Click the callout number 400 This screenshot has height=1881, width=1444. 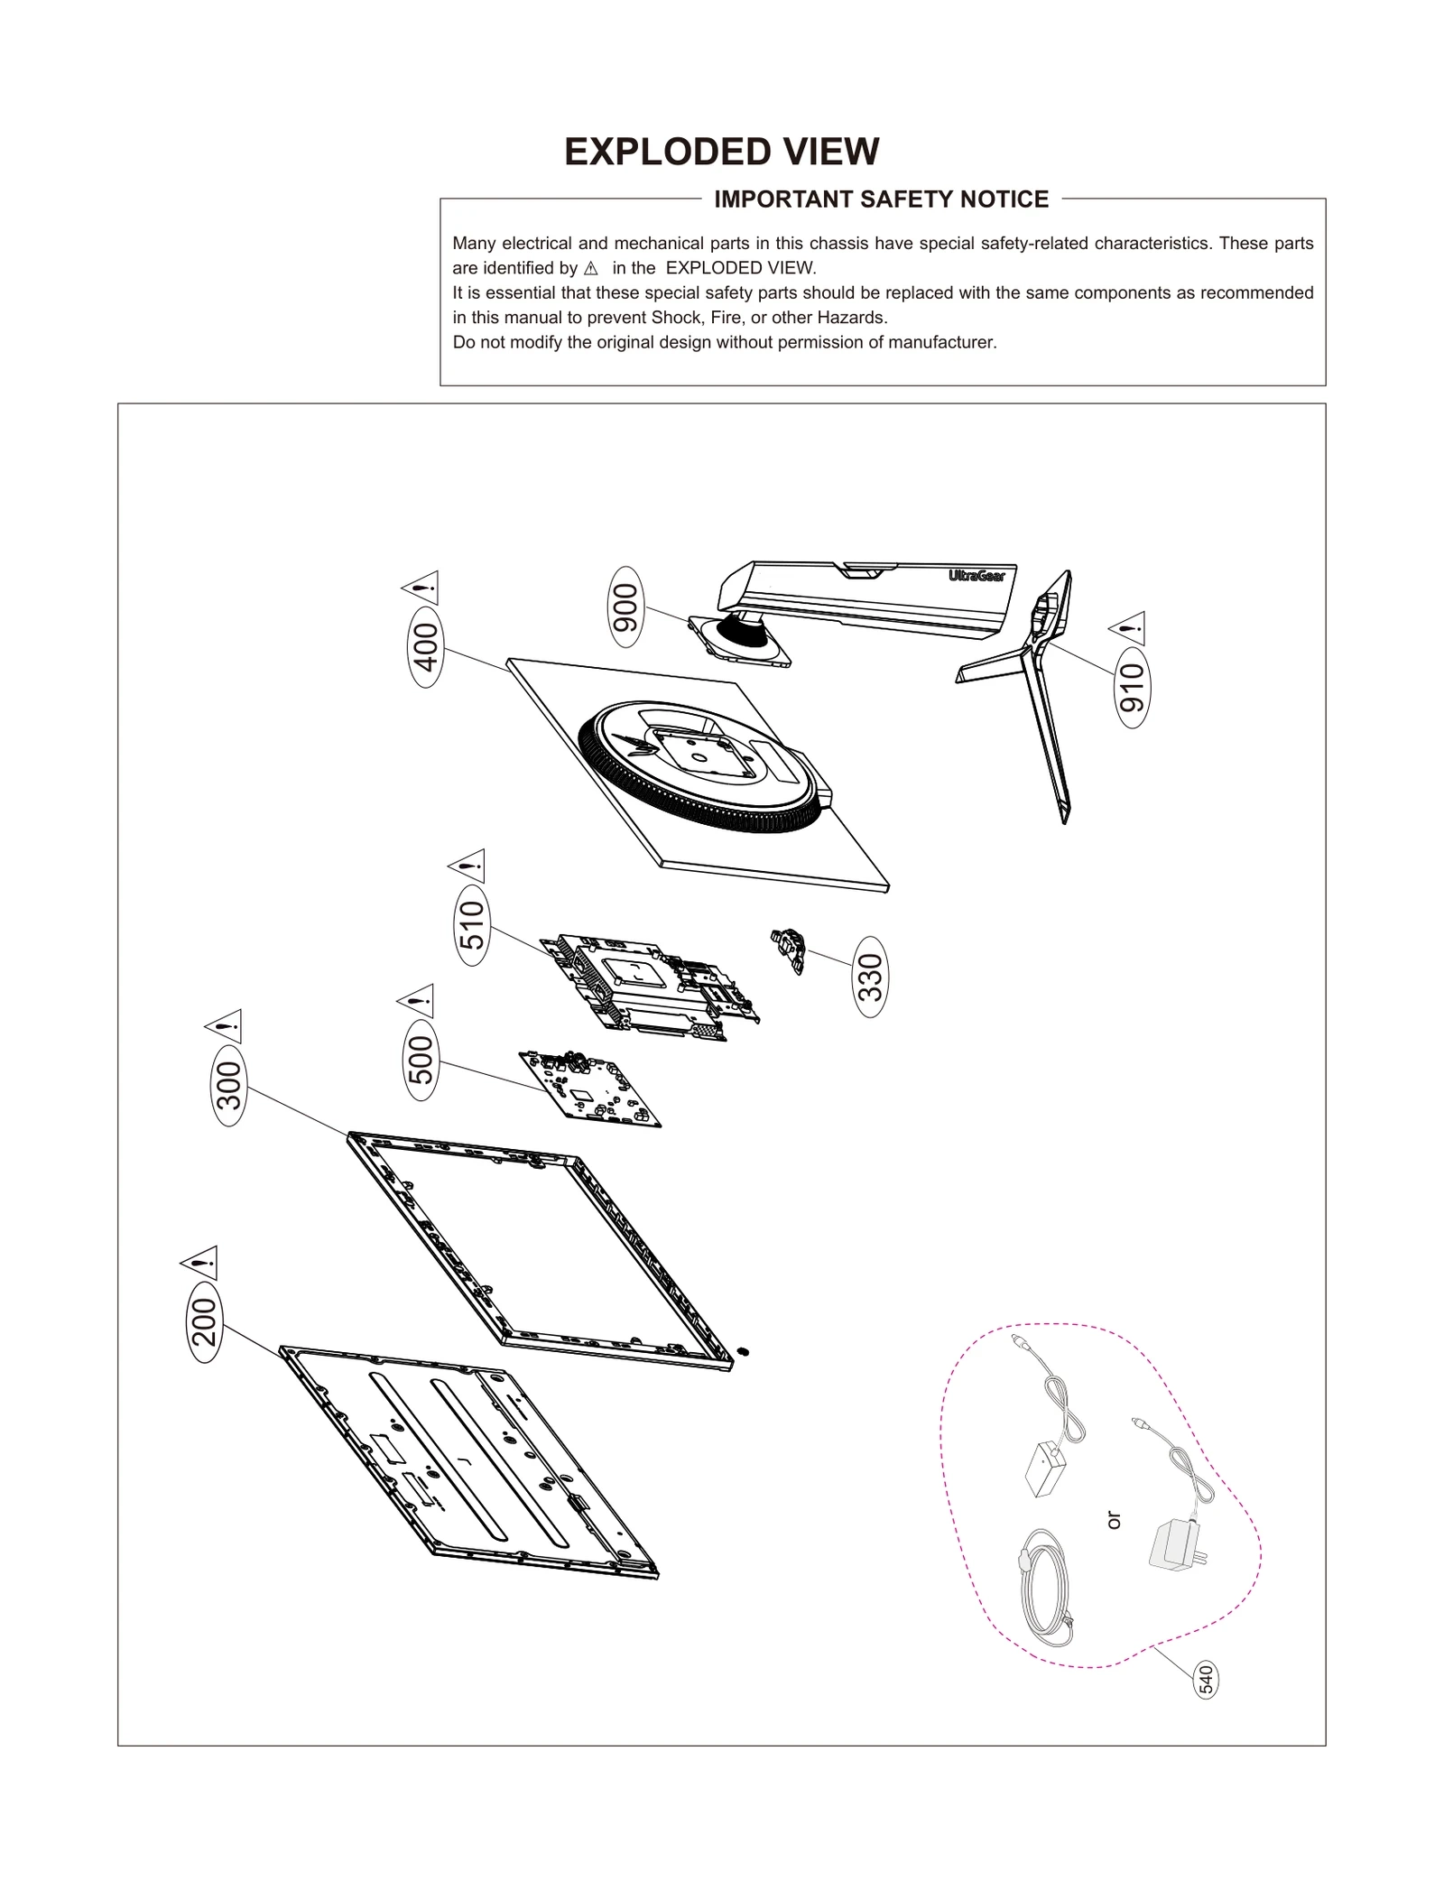[x=425, y=646]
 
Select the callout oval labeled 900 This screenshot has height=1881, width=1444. [x=625, y=607]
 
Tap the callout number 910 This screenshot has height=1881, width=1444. [x=1132, y=687]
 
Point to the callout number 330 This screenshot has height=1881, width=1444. [x=870, y=977]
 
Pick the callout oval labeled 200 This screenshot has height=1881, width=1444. [x=204, y=1321]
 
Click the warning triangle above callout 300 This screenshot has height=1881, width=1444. [x=224, y=1025]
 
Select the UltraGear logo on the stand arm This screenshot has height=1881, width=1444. [x=977, y=576]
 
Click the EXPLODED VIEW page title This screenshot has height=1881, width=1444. [x=721, y=152]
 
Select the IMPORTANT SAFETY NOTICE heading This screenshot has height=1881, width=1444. [x=881, y=199]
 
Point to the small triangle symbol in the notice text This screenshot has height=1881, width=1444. [x=591, y=268]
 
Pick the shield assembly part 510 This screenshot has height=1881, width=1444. [x=652, y=987]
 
